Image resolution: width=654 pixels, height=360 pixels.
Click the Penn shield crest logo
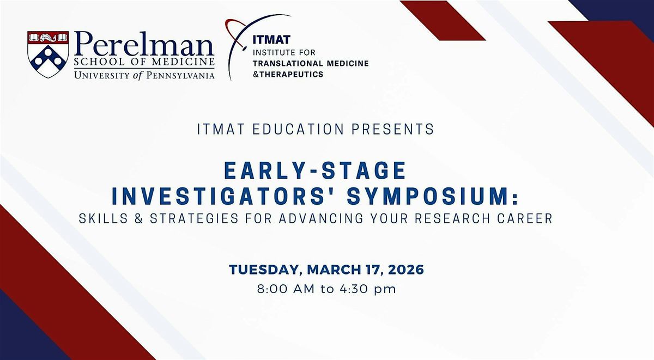coord(48,54)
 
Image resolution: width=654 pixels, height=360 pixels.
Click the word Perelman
coord(144,44)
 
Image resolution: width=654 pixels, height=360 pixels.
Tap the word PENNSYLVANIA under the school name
coord(180,76)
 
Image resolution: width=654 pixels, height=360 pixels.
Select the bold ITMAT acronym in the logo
coord(271,40)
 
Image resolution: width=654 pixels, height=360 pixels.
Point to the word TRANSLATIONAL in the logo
coord(288,63)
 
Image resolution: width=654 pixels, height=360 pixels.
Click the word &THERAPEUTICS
coord(288,75)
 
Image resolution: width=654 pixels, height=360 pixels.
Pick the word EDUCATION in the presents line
coord(298,129)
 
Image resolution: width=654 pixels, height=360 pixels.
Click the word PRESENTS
coord(393,129)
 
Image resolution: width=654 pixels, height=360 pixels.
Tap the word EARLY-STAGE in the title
coord(316,170)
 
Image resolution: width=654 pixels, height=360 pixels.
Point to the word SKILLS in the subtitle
coord(104,218)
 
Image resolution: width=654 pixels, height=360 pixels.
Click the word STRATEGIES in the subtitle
coord(194,218)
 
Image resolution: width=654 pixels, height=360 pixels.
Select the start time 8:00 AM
coord(286,289)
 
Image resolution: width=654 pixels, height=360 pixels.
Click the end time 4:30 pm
coord(368,289)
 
